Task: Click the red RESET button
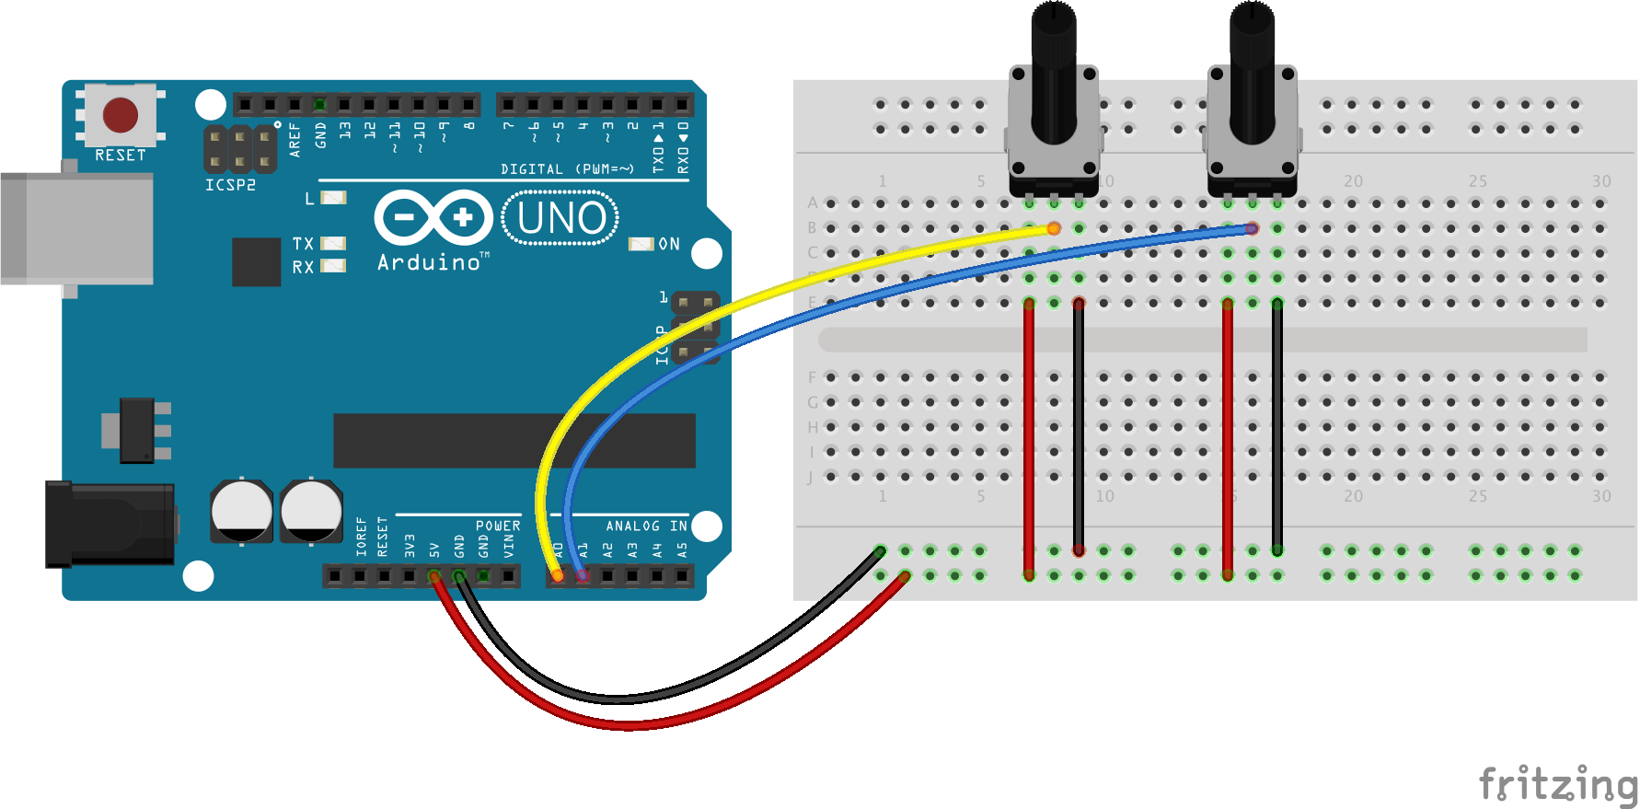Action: click(121, 115)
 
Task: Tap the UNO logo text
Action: click(561, 218)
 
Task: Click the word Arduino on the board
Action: click(429, 263)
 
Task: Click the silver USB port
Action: click(77, 227)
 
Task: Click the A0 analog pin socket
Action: click(558, 576)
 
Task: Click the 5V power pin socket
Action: click(434, 576)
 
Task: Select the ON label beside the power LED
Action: click(669, 244)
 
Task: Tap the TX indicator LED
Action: click(332, 243)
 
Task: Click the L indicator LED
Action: click(332, 197)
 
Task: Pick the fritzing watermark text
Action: click(1557, 784)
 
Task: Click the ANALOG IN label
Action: click(646, 526)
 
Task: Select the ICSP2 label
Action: click(230, 185)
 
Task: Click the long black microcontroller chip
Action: click(514, 441)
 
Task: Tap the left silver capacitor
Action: click(241, 511)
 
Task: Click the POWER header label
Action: click(498, 526)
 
